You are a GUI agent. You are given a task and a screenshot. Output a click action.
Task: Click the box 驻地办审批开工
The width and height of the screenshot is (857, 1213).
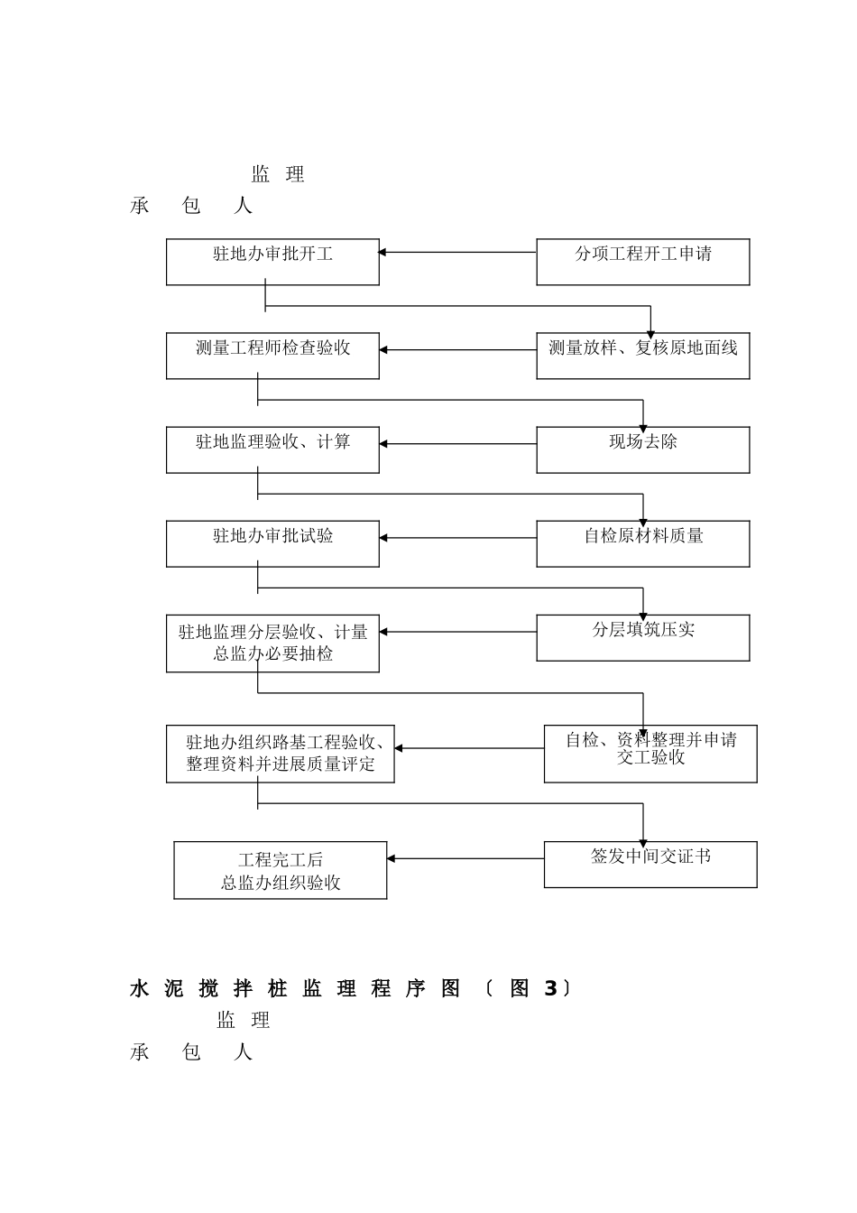point(272,262)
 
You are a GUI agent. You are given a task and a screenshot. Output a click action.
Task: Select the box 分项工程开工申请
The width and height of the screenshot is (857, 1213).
point(642,262)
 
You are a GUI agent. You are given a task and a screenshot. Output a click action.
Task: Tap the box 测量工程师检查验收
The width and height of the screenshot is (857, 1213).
point(272,356)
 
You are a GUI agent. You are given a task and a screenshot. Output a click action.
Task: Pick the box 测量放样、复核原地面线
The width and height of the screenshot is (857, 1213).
point(642,356)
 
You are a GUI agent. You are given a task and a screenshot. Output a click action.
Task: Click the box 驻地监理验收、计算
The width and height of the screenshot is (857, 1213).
point(272,449)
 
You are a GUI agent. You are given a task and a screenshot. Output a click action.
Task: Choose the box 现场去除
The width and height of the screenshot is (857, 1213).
point(642,449)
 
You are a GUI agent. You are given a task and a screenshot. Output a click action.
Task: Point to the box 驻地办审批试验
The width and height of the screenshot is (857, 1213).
point(272,543)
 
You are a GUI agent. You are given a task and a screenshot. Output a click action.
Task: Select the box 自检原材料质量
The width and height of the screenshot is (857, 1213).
point(642,543)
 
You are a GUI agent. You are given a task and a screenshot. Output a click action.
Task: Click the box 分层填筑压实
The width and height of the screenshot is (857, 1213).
point(642,637)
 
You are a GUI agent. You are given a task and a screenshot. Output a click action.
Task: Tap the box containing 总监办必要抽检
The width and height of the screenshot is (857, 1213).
point(272,644)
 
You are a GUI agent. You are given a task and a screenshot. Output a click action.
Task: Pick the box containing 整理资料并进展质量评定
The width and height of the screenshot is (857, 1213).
point(280,754)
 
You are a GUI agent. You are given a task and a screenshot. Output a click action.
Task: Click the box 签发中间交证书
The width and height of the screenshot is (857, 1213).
point(650,864)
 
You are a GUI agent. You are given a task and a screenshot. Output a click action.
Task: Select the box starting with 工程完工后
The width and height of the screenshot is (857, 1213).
point(280,870)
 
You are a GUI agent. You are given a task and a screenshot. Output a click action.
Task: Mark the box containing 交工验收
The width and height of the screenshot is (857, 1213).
point(650,754)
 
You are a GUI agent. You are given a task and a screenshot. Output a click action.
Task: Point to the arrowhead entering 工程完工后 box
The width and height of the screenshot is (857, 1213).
point(392,858)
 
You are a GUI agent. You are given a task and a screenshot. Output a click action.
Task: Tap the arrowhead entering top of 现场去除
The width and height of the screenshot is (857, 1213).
point(643,427)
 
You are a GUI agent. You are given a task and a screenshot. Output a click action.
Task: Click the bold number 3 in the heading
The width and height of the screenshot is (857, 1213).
point(550,989)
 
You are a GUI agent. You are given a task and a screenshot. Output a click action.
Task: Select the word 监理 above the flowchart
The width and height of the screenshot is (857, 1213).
point(278,174)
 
